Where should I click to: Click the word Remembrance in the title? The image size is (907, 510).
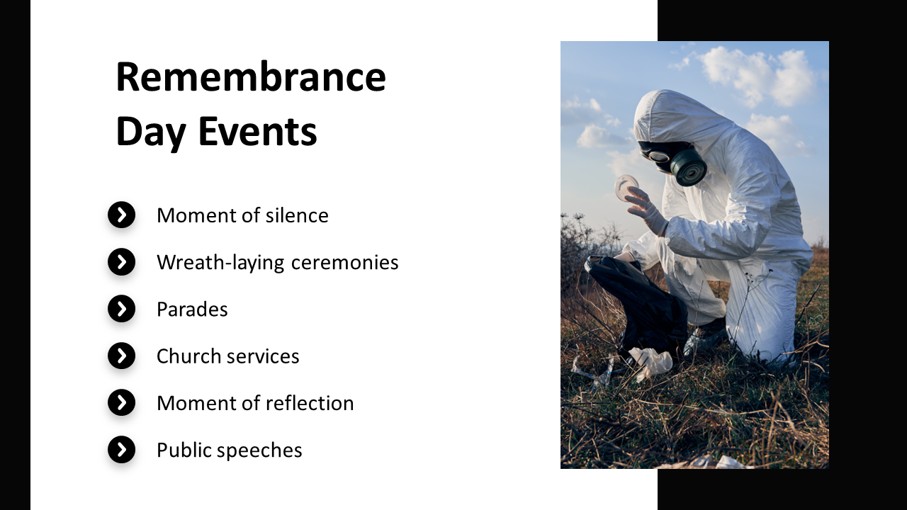click(x=251, y=77)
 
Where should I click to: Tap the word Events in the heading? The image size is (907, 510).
click(x=257, y=131)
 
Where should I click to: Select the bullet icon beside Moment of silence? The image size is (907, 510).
click(x=121, y=215)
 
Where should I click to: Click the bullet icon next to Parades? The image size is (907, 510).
click(x=121, y=309)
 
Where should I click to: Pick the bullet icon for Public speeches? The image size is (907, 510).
click(x=121, y=450)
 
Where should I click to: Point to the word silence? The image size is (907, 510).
click(x=297, y=215)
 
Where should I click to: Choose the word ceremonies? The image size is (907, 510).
click(x=344, y=263)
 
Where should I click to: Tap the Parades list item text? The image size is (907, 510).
click(x=192, y=310)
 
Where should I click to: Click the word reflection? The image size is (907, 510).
click(x=310, y=403)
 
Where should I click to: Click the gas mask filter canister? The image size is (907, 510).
click(x=688, y=167)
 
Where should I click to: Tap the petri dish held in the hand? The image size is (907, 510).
click(x=626, y=186)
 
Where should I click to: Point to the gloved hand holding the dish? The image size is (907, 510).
click(x=647, y=211)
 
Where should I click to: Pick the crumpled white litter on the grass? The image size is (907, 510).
click(x=650, y=362)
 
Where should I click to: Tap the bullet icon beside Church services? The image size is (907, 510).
click(x=121, y=356)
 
